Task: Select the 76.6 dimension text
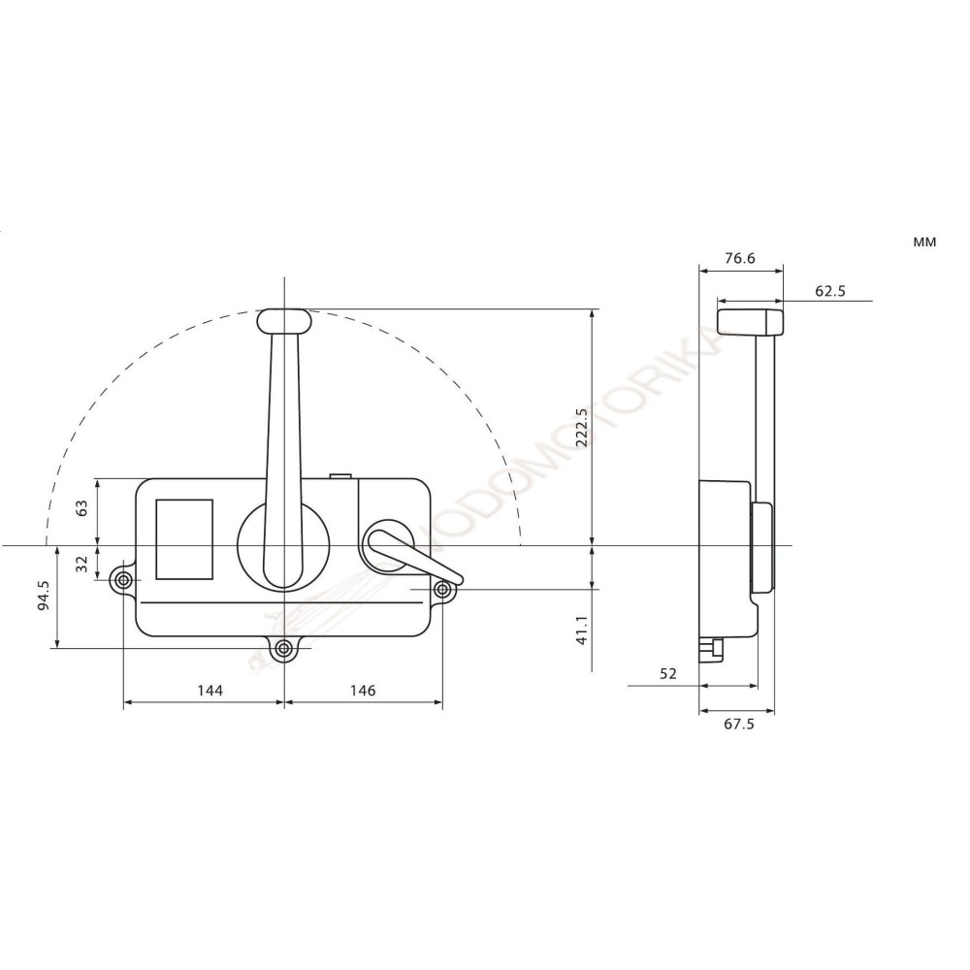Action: (739, 259)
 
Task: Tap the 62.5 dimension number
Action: (830, 290)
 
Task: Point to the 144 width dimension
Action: (210, 691)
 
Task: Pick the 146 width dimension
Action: (362, 691)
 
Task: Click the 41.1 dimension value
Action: (582, 631)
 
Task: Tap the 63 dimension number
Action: (81, 507)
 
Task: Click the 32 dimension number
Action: (81, 562)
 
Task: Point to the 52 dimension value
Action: (666, 672)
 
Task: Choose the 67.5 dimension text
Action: (738, 724)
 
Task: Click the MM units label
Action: (923, 242)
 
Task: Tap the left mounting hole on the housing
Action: (123, 581)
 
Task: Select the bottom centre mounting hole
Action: (283, 648)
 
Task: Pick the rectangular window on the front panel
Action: (184, 539)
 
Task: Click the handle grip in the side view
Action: (750, 318)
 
